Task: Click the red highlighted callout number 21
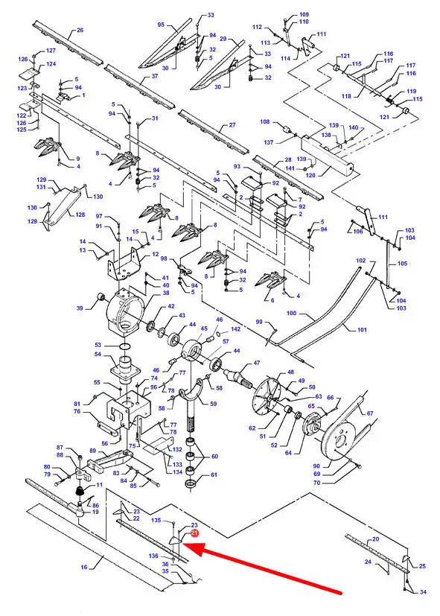(194, 533)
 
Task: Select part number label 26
(80, 30)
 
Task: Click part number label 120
(310, 175)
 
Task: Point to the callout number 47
(257, 363)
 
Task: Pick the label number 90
(316, 466)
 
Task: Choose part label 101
(362, 330)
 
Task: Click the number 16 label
(84, 567)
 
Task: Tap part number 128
(80, 215)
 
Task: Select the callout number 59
(213, 404)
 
